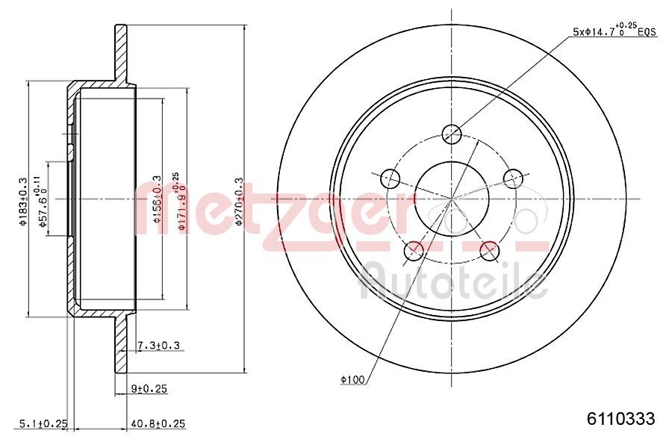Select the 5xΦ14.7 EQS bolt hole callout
[x=613, y=31]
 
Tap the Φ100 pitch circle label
[x=352, y=380]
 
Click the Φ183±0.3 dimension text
[x=23, y=199]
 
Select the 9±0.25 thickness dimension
[x=149, y=388]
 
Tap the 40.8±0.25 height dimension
[x=158, y=423]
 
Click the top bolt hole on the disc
[x=452, y=134]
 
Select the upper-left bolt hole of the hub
[x=390, y=178]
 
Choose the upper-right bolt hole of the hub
[x=513, y=178]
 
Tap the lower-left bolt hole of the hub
[x=413, y=251]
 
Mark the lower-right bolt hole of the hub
[x=490, y=251]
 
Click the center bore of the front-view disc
[x=452, y=198]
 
